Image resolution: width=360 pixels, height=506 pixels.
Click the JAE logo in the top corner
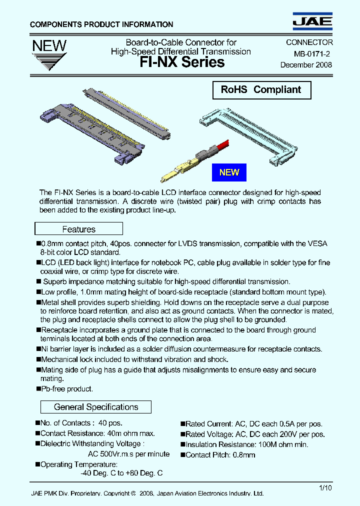click(312, 21)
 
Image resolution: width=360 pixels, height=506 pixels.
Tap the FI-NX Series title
click(182, 62)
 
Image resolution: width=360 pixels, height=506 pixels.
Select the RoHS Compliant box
click(261, 90)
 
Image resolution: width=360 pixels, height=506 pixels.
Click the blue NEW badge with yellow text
click(229, 172)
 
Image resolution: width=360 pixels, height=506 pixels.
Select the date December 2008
click(306, 65)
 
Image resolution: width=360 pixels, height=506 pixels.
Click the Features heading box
click(78, 229)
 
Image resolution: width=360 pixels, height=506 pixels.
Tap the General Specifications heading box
click(95, 407)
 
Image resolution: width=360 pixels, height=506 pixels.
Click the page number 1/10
click(324, 487)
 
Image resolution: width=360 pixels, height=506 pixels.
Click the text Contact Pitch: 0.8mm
click(220, 454)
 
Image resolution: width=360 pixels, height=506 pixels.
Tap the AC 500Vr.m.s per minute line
click(128, 454)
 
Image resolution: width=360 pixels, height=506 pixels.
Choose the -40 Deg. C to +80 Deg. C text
click(121, 472)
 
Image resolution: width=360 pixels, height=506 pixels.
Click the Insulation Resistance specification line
click(246, 444)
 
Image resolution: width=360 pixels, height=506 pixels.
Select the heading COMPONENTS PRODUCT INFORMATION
click(101, 24)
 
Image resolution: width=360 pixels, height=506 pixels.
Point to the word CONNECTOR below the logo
click(309, 43)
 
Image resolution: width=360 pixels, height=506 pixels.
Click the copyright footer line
click(147, 493)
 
